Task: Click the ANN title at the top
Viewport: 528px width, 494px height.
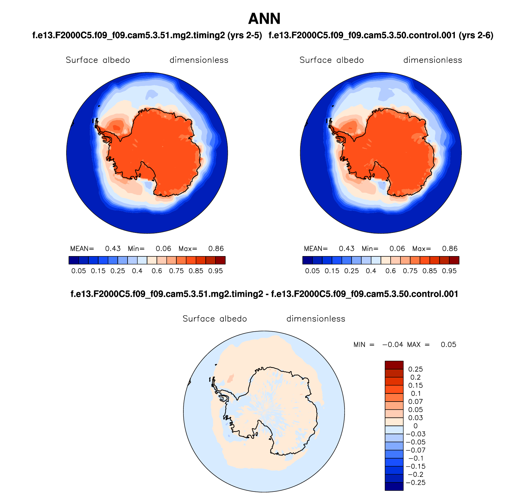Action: coord(264,19)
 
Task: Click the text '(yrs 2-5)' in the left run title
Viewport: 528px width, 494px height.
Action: coord(245,36)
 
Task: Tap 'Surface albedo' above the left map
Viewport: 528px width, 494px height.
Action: coord(98,60)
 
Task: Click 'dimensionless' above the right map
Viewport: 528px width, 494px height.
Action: coord(433,60)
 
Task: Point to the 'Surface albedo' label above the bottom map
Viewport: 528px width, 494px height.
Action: coord(215,319)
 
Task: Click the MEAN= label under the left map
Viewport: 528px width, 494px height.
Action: coord(82,249)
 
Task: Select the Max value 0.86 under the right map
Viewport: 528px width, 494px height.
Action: coord(450,249)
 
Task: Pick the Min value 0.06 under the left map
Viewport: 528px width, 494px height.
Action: coord(163,249)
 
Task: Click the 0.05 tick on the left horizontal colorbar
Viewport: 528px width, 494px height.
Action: coord(79,271)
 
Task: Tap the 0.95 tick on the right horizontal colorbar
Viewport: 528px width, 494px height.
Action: coord(449,271)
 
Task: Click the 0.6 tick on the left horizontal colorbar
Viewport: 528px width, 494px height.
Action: coord(157,271)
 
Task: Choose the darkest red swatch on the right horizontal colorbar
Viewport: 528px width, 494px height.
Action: coord(454,260)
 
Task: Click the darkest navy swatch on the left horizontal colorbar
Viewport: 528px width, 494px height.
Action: coord(74,260)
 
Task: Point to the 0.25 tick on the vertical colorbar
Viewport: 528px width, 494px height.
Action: coord(416,369)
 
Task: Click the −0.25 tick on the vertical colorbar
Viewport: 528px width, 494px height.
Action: coord(416,483)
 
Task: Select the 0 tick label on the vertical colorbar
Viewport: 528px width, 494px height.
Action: coord(416,426)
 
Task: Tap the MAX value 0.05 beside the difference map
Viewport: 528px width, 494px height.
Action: coord(448,345)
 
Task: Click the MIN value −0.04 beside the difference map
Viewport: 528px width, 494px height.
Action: coord(393,345)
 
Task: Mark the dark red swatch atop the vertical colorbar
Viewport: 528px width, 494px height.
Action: coord(394,365)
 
